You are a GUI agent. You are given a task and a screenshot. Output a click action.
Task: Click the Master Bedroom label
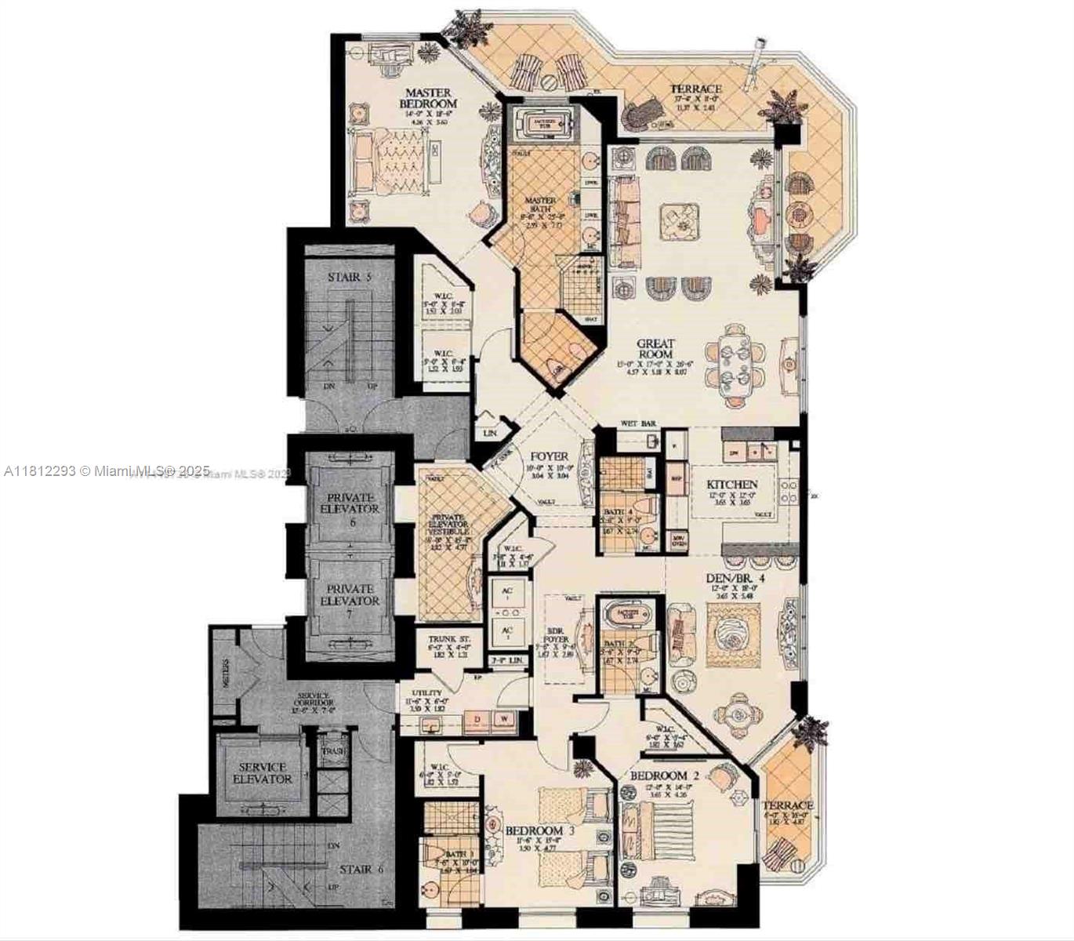click(428, 98)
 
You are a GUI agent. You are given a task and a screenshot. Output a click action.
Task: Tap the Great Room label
click(655, 349)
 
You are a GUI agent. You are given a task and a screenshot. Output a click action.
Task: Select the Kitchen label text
click(731, 485)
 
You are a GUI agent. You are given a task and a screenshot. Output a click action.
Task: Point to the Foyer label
click(550, 456)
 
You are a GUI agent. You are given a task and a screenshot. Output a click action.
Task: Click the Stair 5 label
click(349, 277)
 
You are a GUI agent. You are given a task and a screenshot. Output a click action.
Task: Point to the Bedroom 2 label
click(659, 776)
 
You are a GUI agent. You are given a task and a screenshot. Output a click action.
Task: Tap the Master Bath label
click(540, 205)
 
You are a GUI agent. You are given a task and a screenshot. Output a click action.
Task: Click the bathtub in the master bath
click(544, 123)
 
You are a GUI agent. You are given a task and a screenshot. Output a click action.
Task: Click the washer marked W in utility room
click(504, 718)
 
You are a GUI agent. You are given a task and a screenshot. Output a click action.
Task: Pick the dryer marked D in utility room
click(476, 718)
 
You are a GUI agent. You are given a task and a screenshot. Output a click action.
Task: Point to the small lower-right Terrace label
click(788, 805)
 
